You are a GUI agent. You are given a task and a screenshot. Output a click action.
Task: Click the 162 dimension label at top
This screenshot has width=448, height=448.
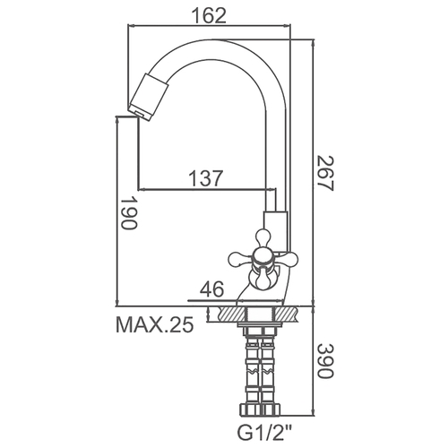209,15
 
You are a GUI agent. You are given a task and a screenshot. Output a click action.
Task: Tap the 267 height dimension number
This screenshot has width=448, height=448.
324,173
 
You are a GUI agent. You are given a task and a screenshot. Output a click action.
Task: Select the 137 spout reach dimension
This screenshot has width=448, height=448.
206,178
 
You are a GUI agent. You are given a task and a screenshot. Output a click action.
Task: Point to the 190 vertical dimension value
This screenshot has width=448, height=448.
128,212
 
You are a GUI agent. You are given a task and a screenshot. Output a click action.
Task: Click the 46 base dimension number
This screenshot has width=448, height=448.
211,289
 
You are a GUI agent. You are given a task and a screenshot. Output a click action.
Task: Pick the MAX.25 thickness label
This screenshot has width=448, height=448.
155,324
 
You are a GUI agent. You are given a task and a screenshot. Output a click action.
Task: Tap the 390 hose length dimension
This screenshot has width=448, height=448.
324,361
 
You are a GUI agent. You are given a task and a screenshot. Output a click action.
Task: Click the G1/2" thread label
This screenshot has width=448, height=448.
260,431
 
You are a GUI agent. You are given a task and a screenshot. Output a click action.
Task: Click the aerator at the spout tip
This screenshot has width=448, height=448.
149,96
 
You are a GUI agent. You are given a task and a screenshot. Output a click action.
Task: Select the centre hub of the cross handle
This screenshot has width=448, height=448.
263,257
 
